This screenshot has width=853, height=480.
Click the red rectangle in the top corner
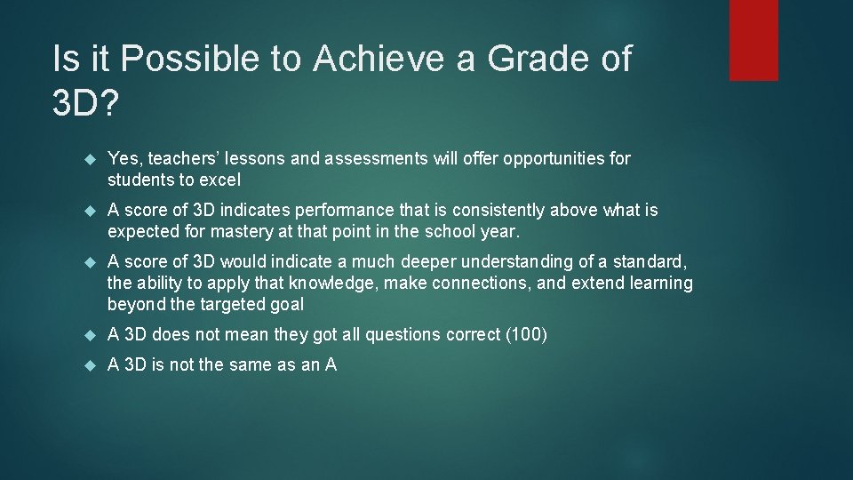point(753,40)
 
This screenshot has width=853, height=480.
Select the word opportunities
point(552,159)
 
